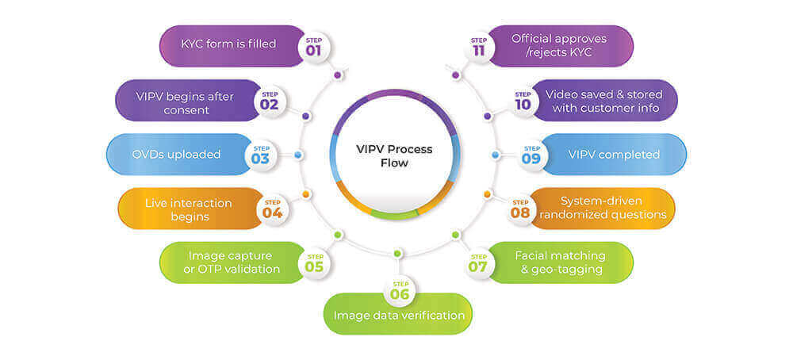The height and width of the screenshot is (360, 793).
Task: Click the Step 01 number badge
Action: pos(313,47)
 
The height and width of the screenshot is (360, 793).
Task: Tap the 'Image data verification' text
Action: pos(399,316)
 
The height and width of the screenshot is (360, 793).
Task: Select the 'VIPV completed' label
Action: pos(614,154)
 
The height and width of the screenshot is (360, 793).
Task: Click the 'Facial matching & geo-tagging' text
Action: pos(560,262)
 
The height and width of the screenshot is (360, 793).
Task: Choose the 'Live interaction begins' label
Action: pos(188,209)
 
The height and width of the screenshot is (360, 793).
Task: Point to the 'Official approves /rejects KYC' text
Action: pos(559,44)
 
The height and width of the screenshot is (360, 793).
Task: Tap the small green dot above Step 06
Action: pos(397,254)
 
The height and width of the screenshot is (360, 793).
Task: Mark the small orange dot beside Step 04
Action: pos(306,193)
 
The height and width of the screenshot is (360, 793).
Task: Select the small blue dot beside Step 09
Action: pos(496,155)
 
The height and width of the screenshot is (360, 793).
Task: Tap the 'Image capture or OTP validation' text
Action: pos(234,262)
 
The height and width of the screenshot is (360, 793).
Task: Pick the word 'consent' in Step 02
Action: pos(188,110)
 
